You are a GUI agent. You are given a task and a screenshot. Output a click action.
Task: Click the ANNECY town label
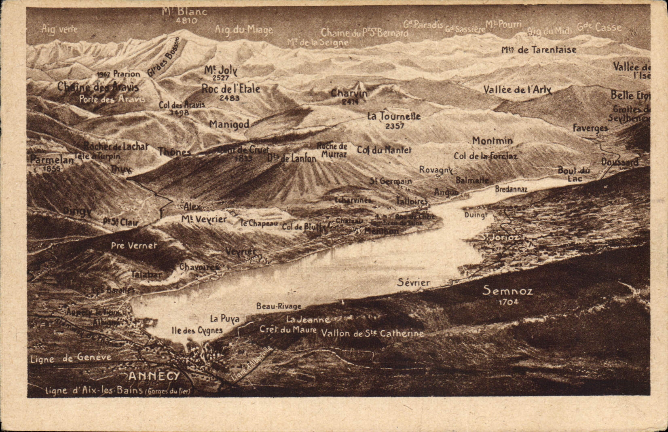[x=154, y=376]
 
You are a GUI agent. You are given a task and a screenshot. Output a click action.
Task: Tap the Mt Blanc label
[x=184, y=11]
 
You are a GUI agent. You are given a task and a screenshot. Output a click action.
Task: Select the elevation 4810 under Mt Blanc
[x=186, y=21]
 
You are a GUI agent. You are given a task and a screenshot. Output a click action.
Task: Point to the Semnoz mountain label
[x=508, y=290]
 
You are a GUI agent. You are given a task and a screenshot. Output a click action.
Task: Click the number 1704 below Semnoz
[x=508, y=302]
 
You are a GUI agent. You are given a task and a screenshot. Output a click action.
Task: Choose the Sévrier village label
[x=413, y=282]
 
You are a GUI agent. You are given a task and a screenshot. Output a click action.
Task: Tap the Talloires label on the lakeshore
[x=412, y=201]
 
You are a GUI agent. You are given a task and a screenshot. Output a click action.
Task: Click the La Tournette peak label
[x=394, y=116]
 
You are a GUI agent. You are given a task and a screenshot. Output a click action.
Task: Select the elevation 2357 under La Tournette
[x=395, y=126]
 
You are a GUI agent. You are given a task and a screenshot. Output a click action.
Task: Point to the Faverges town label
[x=590, y=128]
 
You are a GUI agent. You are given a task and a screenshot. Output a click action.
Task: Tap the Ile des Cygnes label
[x=197, y=330]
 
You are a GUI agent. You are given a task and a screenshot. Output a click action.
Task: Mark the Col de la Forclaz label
[x=485, y=156]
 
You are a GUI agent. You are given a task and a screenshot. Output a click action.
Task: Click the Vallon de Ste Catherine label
[x=372, y=333]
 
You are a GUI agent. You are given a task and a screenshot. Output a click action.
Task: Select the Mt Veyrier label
[x=204, y=219]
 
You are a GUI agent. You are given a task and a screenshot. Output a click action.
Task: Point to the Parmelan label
[x=52, y=160]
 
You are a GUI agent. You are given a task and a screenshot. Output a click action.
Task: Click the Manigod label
[x=229, y=125]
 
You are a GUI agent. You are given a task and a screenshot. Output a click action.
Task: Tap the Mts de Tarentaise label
[x=539, y=50]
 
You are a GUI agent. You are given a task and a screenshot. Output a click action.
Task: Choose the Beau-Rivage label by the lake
[x=279, y=306]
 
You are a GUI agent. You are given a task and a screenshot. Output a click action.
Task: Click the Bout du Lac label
[x=573, y=174]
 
